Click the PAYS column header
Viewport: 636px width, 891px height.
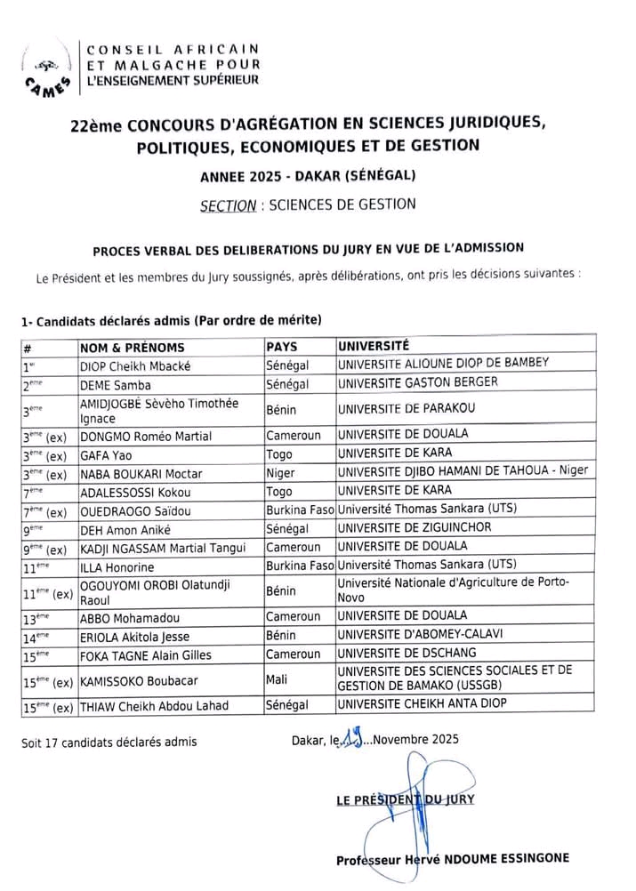click(282, 345)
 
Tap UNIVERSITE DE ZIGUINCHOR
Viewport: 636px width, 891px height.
click(420, 528)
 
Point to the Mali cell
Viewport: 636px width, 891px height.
click(277, 679)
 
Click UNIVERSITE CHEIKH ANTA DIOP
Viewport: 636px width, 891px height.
click(422, 704)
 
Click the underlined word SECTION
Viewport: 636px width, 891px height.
click(228, 205)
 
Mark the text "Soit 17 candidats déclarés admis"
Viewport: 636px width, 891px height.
click(109, 742)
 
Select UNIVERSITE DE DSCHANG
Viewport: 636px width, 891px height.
click(408, 654)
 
